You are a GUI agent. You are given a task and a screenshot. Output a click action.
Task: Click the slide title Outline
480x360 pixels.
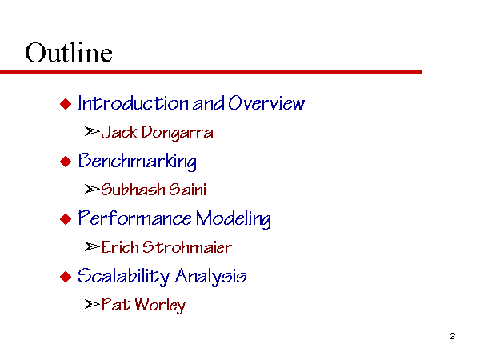click(x=69, y=53)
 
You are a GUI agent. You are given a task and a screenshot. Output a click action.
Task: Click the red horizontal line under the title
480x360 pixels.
click(x=210, y=72)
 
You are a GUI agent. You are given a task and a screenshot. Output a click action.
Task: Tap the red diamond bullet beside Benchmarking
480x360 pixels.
click(x=66, y=162)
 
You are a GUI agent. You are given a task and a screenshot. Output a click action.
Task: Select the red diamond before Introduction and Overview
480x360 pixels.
click(x=66, y=104)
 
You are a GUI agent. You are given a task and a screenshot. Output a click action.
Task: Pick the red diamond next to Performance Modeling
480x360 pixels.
click(x=66, y=219)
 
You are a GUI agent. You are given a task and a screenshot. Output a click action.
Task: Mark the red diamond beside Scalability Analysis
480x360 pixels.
click(x=66, y=277)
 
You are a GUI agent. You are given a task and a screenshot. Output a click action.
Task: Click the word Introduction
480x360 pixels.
click(x=133, y=103)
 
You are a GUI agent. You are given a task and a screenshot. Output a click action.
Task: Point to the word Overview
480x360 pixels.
click(x=266, y=102)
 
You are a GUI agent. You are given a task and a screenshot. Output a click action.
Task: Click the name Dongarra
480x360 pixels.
click(x=178, y=133)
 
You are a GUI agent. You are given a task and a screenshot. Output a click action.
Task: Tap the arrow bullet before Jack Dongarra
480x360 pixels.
click(x=92, y=132)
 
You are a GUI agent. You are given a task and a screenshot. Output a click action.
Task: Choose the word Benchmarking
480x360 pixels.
click(x=138, y=161)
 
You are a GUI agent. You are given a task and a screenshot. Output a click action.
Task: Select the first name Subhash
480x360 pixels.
click(x=133, y=189)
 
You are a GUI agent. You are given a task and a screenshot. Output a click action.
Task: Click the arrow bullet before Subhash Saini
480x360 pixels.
click(x=92, y=189)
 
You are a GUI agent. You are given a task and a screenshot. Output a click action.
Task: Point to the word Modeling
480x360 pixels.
click(x=234, y=219)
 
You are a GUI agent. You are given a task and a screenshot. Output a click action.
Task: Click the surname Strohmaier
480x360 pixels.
click(x=187, y=247)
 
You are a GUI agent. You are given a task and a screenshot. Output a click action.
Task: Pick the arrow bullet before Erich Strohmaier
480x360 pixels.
click(x=92, y=246)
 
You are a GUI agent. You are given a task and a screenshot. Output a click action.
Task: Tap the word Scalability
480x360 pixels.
click(x=124, y=276)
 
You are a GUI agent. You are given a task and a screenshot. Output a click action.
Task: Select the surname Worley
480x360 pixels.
click(x=160, y=305)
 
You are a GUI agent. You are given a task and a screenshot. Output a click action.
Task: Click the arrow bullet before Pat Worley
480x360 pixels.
click(x=92, y=304)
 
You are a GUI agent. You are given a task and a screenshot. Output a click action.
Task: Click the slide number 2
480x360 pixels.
click(x=453, y=336)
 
